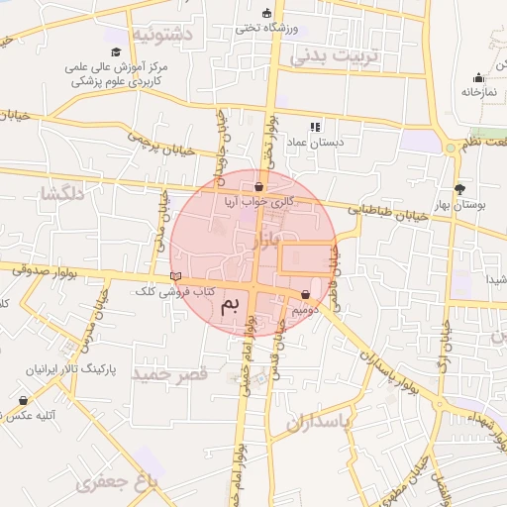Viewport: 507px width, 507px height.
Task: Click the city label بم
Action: click(x=231, y=302)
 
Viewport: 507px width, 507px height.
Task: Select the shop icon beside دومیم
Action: click(x=305, y=294)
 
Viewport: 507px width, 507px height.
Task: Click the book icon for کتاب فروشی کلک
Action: click(x=176, y=276)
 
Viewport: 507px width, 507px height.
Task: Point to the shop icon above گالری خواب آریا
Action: click(x=258, y=186)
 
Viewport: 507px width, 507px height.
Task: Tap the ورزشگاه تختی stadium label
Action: click(x=261, y=28)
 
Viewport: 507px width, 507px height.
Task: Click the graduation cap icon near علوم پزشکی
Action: click(x=116, y=51)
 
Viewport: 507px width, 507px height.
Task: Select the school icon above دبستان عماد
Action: click(x=315, y=127)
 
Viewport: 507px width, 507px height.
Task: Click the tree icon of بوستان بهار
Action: click(x=459, y=188)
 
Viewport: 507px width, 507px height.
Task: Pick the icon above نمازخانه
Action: click(x=479, y=78)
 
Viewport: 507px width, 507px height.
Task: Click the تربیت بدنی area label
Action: click(x=335, y=56)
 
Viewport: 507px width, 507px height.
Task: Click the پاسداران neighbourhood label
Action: click(x=320, y=423)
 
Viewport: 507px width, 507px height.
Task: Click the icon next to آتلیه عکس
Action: click(x=23, y=400)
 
